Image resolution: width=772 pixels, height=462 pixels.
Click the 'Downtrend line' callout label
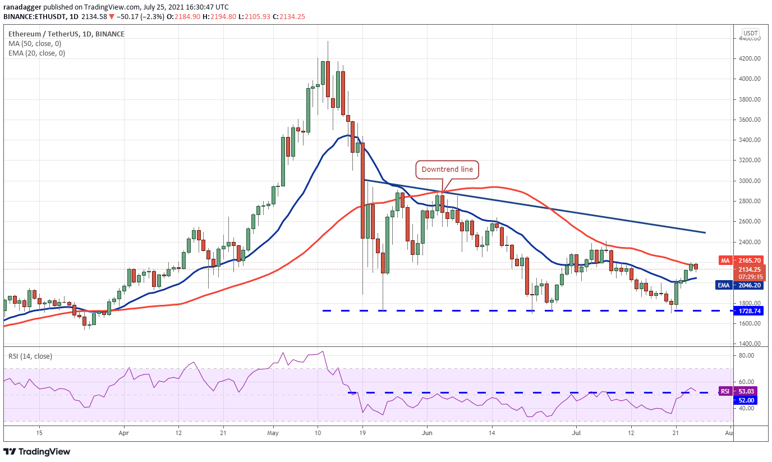(x=447, y=169)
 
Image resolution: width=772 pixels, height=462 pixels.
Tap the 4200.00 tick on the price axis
(x=749, y=58)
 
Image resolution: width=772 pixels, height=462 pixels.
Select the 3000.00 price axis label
(x=749, y=181)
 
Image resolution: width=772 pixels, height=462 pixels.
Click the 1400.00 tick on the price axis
(x=749, y=344)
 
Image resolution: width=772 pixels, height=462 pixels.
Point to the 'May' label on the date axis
(x=273, y=433)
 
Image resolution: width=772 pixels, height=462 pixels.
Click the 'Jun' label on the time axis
(x=428, y=433)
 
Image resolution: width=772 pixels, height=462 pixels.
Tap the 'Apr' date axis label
(x=124, y=433)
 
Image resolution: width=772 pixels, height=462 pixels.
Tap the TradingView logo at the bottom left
(x=37, y=451)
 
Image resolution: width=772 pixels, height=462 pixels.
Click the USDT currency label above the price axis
(x=750, y=33)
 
